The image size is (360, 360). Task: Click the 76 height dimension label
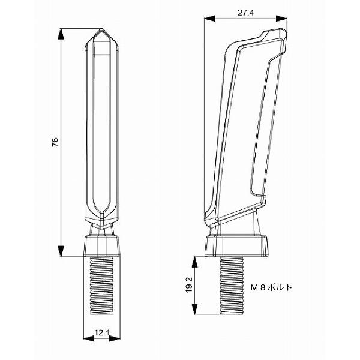[x=55, y=142]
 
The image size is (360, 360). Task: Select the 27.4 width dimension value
[x=245, y=13]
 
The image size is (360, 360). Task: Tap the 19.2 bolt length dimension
[x=189, y=286]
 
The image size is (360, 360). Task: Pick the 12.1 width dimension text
[x=102, y=333]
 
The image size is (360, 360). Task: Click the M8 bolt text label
[x=271, y=287]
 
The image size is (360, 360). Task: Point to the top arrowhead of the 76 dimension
[x=61, y=34]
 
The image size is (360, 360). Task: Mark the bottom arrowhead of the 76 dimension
[x=61, y=251]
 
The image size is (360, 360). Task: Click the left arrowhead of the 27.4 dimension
[x=209, y=19]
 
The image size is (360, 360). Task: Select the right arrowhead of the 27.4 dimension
[x=282, y=19]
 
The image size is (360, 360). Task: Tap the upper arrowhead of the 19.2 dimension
[x=194, y=262]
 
